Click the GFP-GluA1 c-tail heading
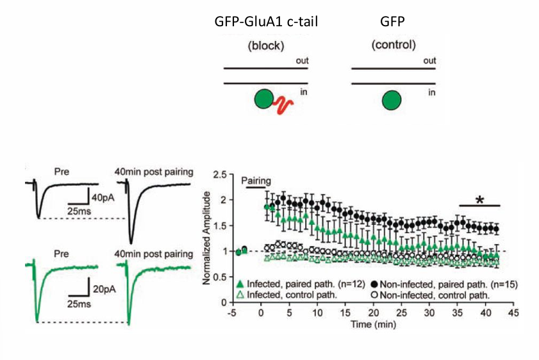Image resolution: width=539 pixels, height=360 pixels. point(267,22)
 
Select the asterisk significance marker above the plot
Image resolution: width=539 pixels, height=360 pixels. point(479,200)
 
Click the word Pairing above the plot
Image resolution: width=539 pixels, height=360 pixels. point(256,181)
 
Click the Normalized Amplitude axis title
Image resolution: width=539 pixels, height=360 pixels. point(207,237)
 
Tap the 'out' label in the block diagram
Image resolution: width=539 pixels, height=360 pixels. point(302,61)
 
